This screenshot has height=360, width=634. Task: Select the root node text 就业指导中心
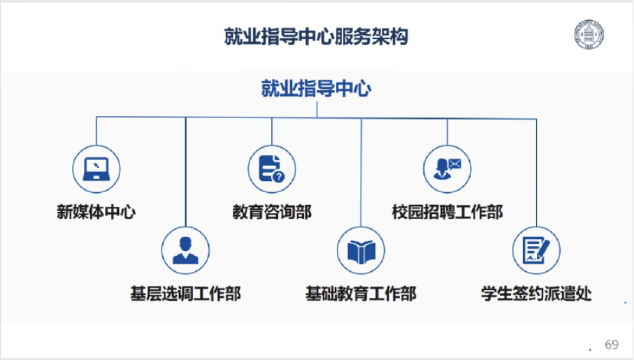tap(316, 89)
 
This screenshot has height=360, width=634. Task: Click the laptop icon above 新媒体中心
tap(96, 168)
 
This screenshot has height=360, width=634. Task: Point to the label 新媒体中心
tap(96, 212)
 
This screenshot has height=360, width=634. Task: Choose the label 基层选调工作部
tap(185, 294)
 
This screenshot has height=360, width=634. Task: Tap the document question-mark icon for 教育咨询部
tap(272, 168)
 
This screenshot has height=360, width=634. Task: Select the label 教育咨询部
tap(272, 212)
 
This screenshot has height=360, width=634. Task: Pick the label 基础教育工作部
tap(361, 294)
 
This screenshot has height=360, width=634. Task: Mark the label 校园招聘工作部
tap(447, 212)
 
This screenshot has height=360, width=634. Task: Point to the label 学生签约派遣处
tap(536, 294)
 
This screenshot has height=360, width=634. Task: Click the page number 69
tap(612, 345)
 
